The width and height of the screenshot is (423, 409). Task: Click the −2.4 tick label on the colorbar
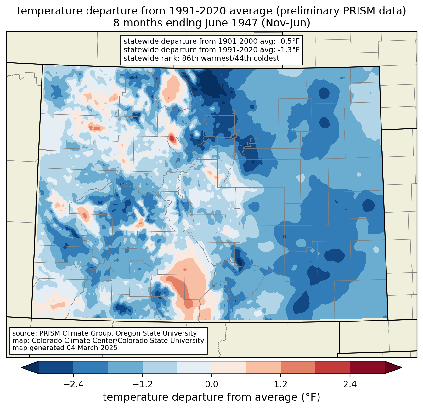73,384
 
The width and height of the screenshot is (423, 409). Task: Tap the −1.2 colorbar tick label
143,384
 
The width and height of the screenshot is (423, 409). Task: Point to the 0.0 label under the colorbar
211,384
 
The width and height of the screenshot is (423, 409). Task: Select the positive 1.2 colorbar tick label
281,384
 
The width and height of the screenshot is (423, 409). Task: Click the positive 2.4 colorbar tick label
350,384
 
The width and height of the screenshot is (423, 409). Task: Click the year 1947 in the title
245,23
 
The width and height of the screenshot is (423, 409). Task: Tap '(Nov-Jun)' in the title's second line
286,23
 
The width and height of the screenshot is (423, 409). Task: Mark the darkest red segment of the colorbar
367,367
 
